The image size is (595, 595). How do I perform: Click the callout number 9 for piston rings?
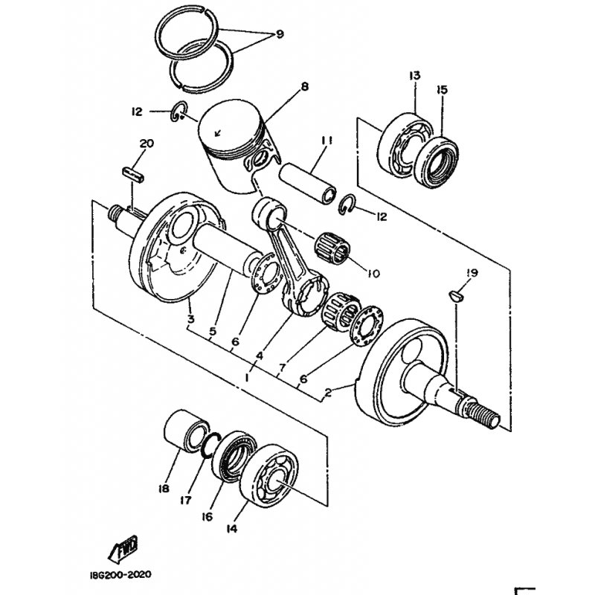(x=280, y=34)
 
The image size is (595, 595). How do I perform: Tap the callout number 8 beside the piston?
(x=304, y=86)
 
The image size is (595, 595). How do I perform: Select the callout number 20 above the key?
(x=147, y=144)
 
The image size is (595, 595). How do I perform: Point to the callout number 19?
(x=472, y=273)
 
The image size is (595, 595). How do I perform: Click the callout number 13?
(x=415, y=75)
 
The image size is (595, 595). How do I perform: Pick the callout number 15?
(x=442, y=90)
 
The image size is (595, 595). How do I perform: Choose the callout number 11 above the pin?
(x=327, y=141)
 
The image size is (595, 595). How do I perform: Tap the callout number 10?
(x=373, y=273)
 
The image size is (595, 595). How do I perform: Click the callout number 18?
(x=164, y=489)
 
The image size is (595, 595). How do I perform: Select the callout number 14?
(x=231, y=529)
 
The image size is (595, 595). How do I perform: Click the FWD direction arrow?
(x=123, y=549)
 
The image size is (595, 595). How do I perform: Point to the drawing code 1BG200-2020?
(x=120, y=574)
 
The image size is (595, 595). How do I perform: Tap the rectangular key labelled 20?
(x=133, y=175)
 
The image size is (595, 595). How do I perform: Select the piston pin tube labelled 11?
(x=308, y=183)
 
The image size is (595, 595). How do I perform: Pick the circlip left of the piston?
(x=178, y=112)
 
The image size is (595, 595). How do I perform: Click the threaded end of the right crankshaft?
(x=483, y=415)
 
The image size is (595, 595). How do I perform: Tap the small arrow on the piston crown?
(x=217, y=133)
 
